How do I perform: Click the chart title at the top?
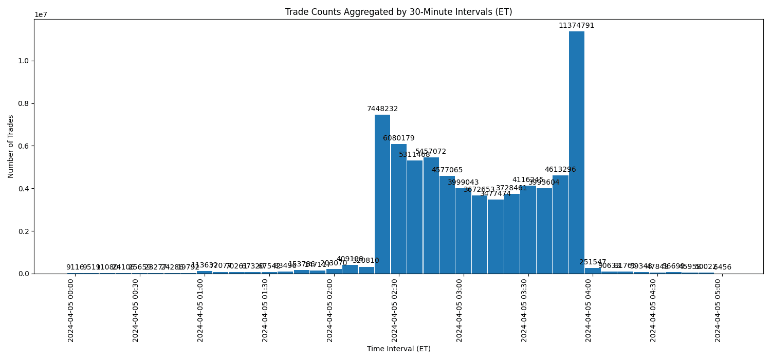[x=398, y=12]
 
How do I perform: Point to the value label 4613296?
[x=560, y=170]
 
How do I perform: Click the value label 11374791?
[x=576, y=26]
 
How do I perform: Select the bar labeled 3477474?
[x=495, y=236]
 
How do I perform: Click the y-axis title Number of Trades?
[x=11, y=146]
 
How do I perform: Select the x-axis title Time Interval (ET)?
[x=398, y=349]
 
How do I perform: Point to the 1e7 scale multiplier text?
[x=41, y=14]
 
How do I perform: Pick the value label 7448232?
[x=382, y=109]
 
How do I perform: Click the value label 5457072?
[x=431, y=152]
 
